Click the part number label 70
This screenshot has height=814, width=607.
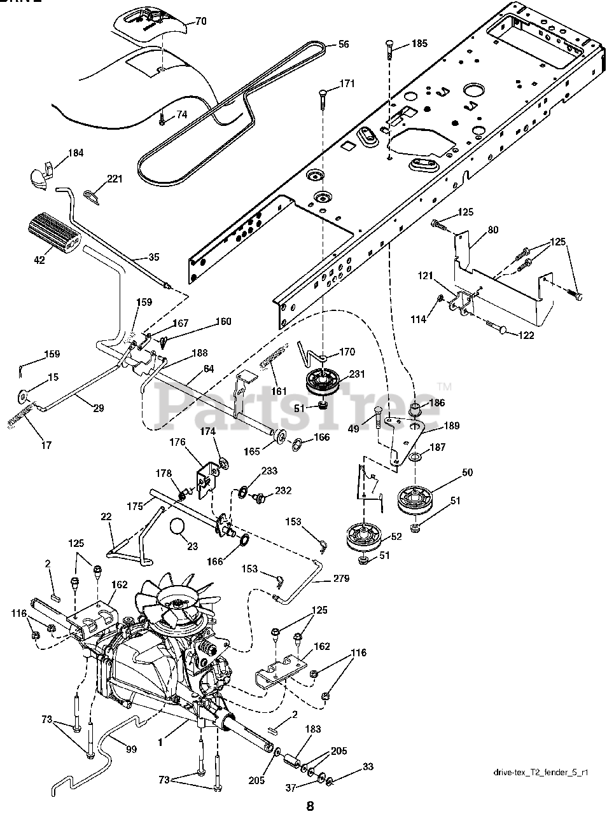[200, 22]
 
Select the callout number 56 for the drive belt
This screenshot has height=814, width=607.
[343, 44]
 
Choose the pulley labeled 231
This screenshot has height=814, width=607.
[324, 384]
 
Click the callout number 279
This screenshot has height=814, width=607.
[341, 579]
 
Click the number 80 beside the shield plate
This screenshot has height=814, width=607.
[493, 230]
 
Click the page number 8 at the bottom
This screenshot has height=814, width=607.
[309, 806]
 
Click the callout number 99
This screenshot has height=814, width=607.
[131, 750]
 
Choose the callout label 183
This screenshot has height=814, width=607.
[313, 729]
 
